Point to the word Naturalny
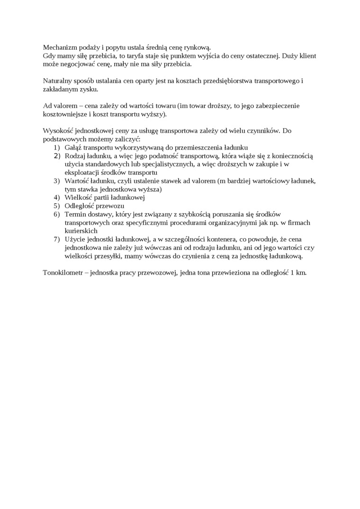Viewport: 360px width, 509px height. [x=58, y=81]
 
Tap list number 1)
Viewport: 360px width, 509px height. [x=57, y=147]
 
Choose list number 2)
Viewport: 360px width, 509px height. [x=57, y=155]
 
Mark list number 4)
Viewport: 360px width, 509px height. [x=57, y=197]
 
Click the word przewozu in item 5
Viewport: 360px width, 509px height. [x=113, y=205]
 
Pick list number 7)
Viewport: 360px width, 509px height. [x=57, y=239]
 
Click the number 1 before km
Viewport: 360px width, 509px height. [x=292, y=273]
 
